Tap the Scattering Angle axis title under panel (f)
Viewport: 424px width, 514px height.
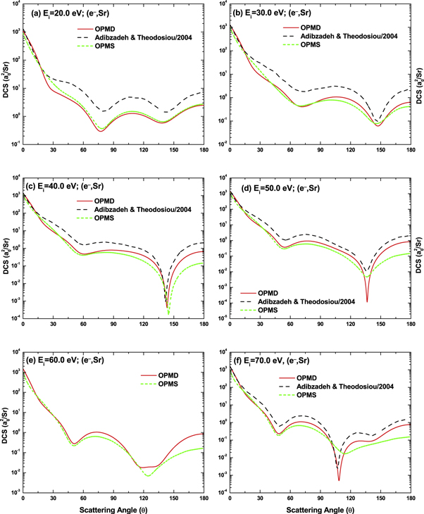[x=312, y=507]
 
